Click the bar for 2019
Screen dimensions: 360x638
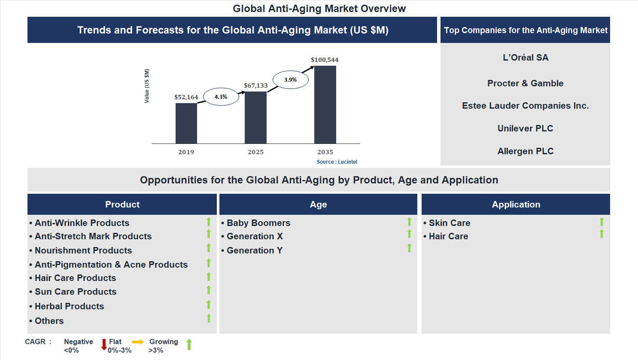[186, 123]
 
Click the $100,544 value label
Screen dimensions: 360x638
[325, 60]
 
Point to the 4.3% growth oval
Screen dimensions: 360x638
[221, 97]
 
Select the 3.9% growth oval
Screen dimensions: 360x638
[290, 79]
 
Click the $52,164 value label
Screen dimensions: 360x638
[186, 97]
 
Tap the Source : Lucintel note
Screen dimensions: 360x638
[337, 162]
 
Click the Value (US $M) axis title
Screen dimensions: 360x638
[147, 86]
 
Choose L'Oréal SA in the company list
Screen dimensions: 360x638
[525, 58]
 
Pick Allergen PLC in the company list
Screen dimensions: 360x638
[525, 151]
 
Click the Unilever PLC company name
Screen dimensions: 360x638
[525, 128]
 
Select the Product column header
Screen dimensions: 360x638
[122, 204]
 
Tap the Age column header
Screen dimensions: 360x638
[318, 204]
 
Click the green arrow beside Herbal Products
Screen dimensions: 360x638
[209, 305]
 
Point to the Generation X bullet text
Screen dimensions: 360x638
[255, 236]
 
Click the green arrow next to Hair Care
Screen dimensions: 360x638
[602, 234]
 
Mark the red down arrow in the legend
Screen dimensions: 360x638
[104, 345]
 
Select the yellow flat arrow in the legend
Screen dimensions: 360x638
[138, 342]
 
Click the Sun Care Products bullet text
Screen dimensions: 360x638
[76, 292]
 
